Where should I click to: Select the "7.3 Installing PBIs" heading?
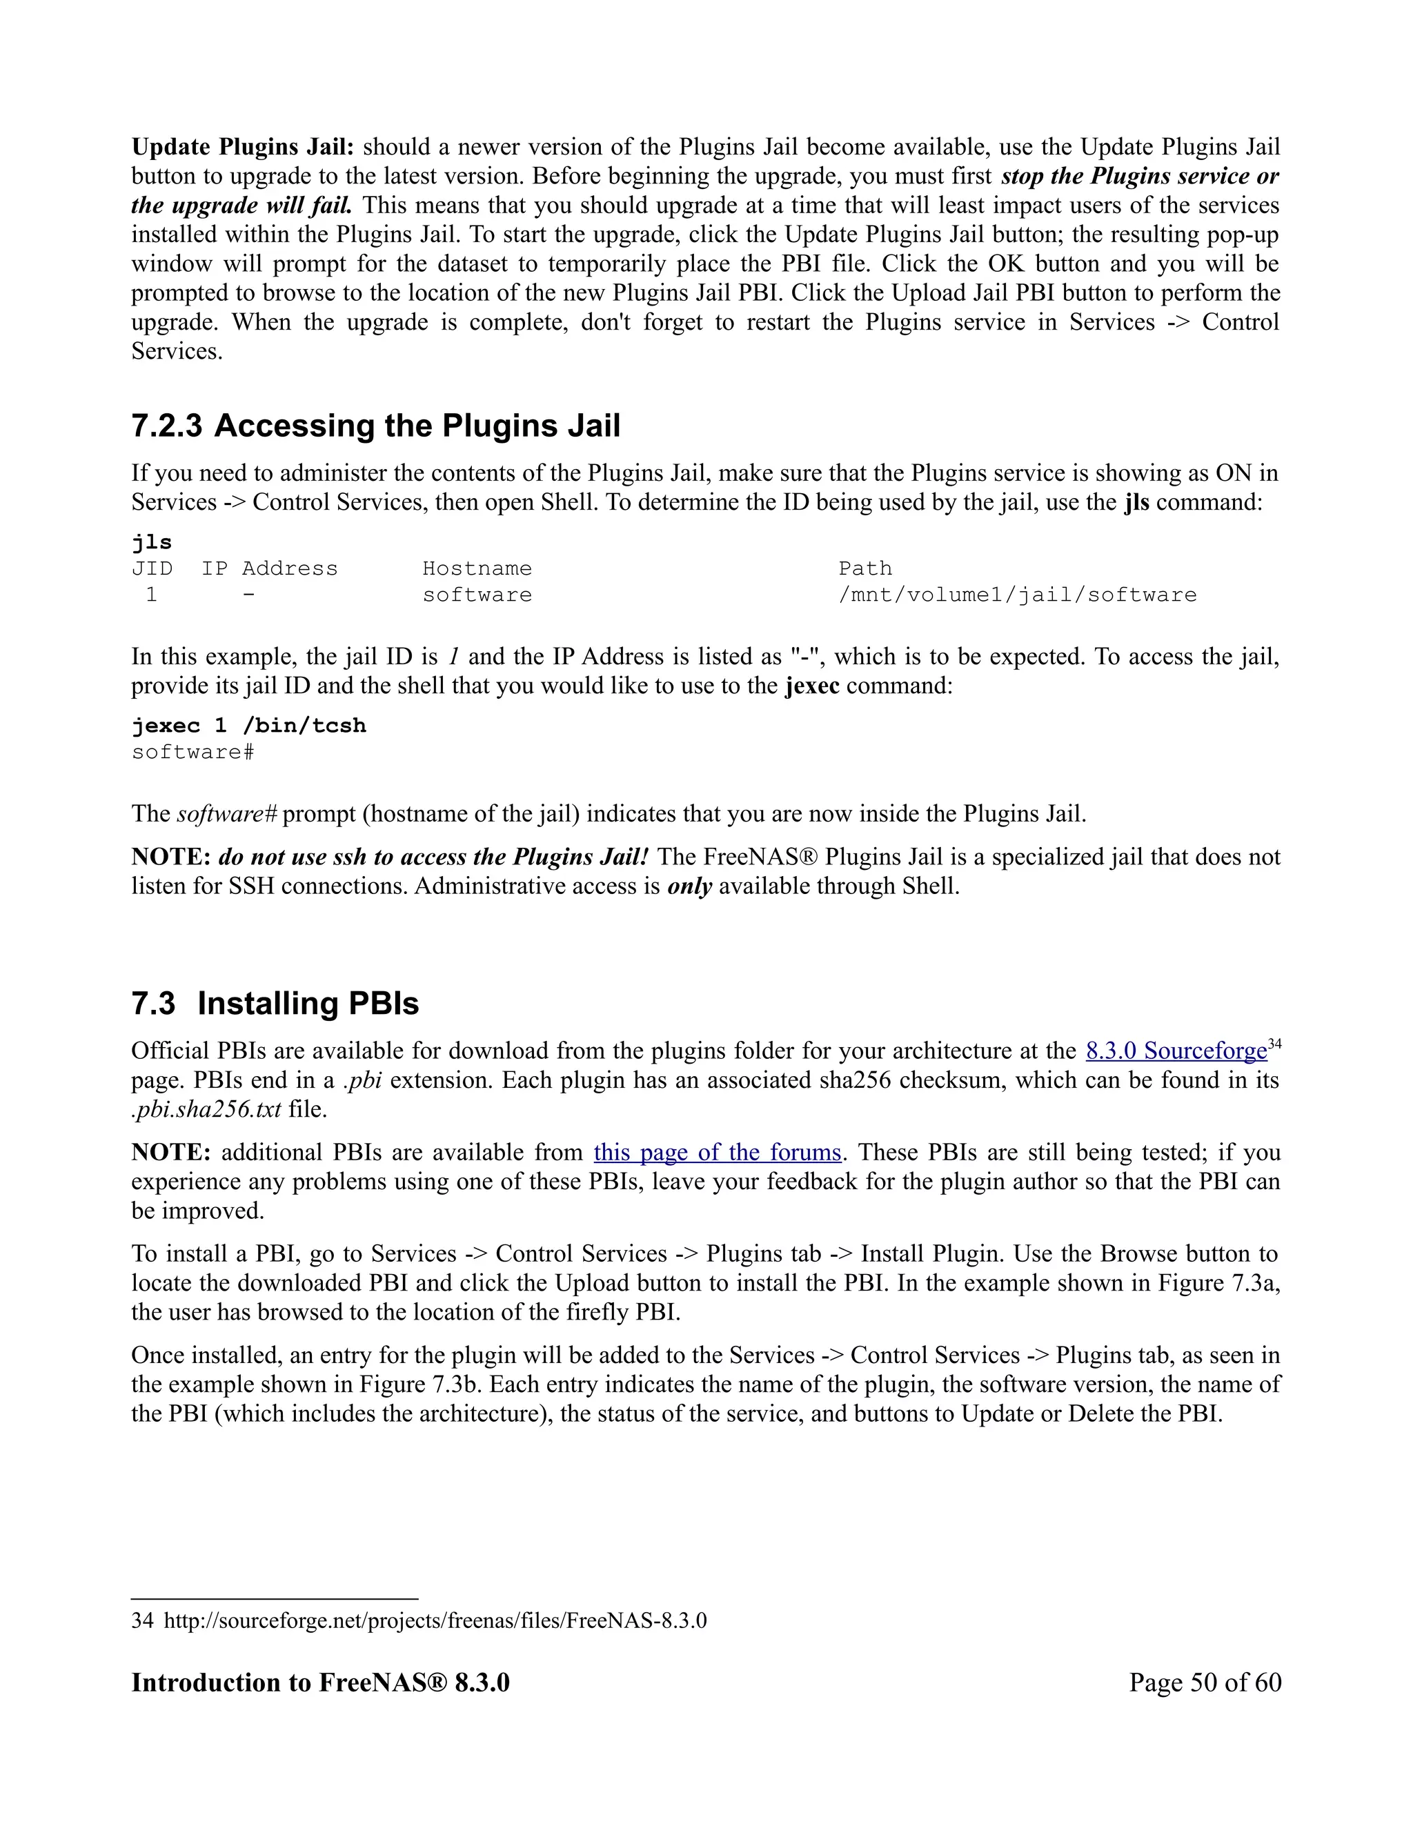(275, 1003)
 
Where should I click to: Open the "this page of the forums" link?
(718, 1153)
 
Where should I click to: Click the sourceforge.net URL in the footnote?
(435, 1620)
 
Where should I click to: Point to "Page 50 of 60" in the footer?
(1205, 1682)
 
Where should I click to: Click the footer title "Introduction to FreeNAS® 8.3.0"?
(321, 1682)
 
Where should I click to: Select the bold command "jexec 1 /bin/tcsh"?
(250, 725)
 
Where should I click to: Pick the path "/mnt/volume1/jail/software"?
(1018, 595)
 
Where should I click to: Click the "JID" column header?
(152, 568)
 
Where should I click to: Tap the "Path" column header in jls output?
(866, 568)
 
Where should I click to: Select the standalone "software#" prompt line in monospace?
(193, 752)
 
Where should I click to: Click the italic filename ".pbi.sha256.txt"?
(207, 1109)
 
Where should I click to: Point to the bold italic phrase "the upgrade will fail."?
(242, 205)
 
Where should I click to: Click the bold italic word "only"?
(689, 886)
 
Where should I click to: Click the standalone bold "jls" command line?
(152, 542)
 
